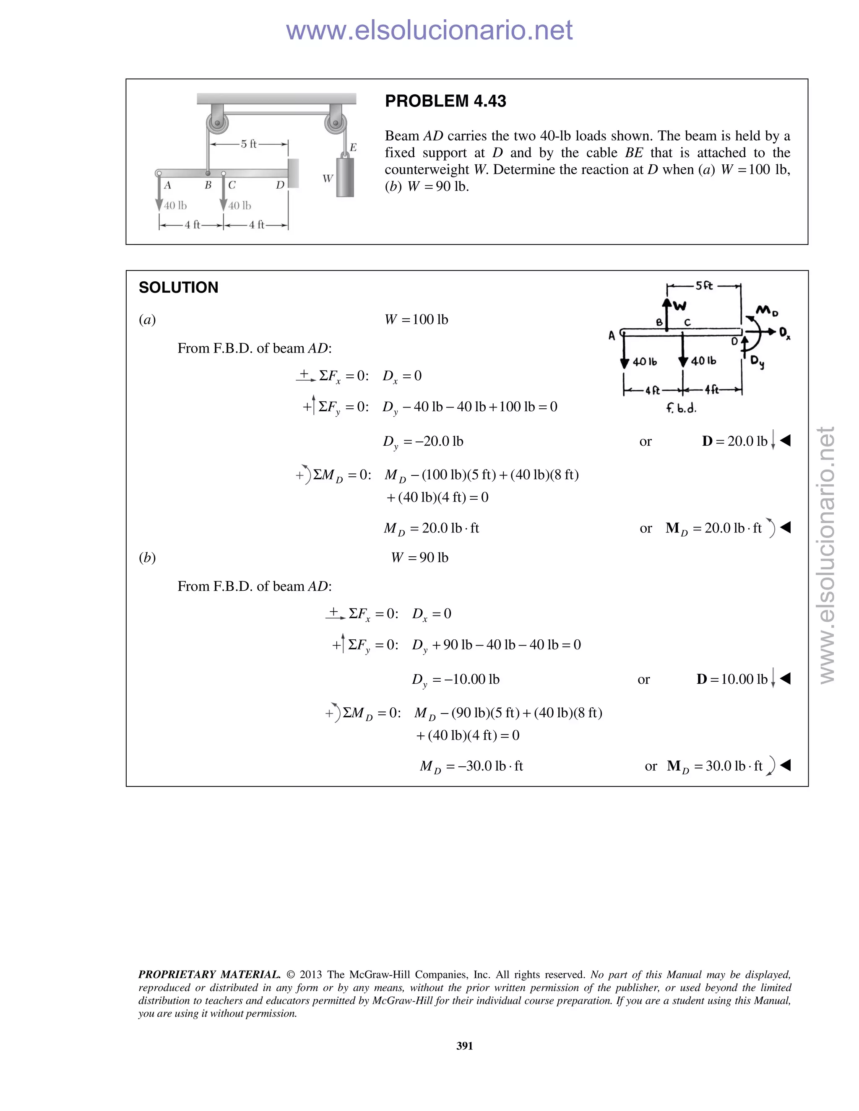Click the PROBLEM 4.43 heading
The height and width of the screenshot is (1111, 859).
coord(445,101)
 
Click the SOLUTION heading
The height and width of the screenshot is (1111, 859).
coord(178,288)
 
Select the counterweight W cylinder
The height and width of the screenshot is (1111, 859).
coord(344,177)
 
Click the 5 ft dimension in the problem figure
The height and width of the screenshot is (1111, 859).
coord(249,144)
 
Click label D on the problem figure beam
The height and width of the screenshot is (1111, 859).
coord(280,185)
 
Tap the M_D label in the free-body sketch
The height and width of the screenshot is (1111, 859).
coord(767,310)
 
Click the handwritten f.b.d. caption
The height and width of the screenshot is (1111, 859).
coord(681,408)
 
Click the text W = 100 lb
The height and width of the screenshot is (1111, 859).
coord(416,319)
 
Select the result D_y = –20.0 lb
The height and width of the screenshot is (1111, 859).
coord(423,441)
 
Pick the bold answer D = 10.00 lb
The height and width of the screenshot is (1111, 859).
coord(732,679)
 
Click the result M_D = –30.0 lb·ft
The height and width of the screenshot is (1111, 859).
coord(471,766)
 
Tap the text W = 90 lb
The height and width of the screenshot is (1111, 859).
coord(419,558)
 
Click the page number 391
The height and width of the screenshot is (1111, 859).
coord(465,1045)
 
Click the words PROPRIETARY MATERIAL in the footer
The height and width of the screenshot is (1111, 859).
coord(209,975)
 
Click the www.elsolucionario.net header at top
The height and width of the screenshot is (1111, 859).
coord(429,30)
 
